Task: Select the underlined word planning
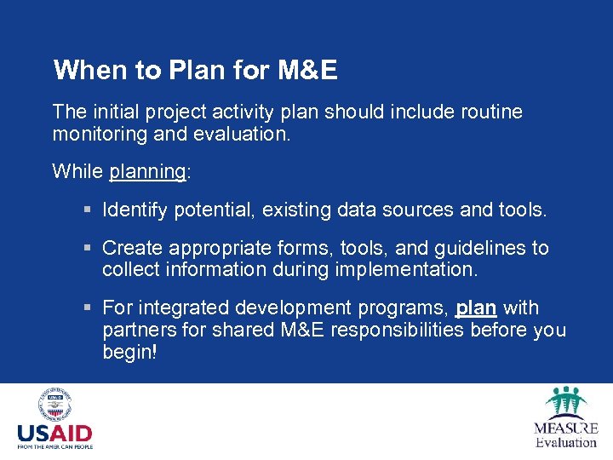pos(147,171)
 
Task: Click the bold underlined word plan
pos(476,308)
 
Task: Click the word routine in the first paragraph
pos(490,112)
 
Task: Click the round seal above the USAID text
pos(54,405)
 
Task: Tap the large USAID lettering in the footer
pos(54,433)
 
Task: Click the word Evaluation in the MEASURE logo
pos(566,442)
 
